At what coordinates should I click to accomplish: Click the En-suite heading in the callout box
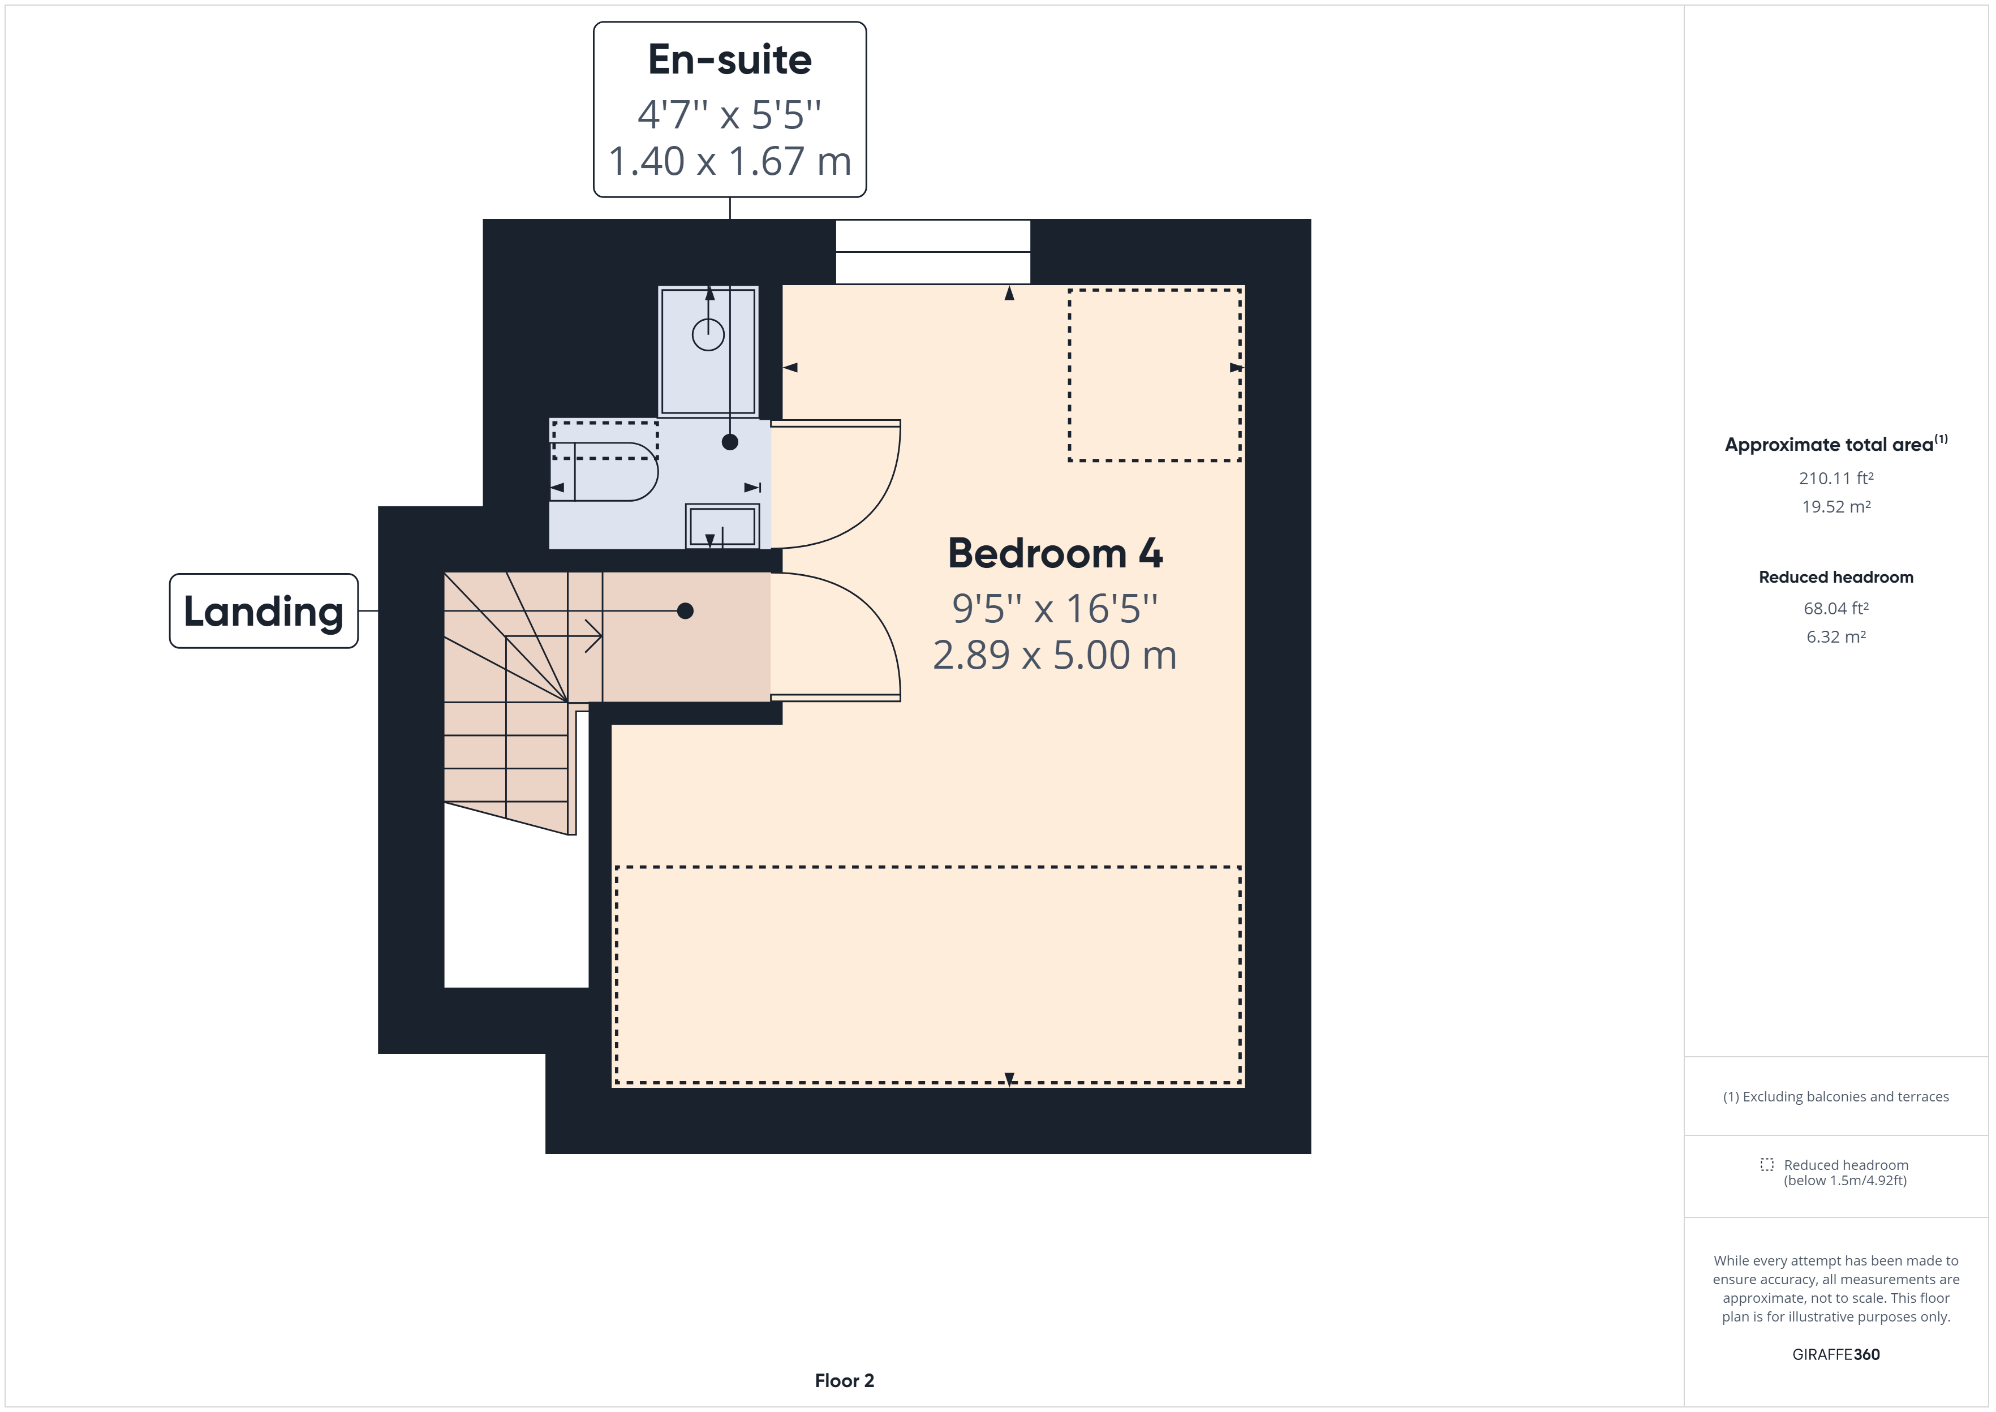point(729,60)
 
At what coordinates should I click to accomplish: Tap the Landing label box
point(264,611)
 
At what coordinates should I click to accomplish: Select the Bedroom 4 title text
point(1055,554)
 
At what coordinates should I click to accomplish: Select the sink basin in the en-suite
point(721,526)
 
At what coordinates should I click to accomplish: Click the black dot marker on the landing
point(685,611)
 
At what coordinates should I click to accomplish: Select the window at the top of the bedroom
point(933,252)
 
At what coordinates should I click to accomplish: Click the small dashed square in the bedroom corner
point(1155,374)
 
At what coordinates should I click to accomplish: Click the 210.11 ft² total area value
point(1835,478)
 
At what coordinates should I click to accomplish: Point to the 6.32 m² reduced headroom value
point(1835,636)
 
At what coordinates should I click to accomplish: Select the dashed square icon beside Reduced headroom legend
point(1766,1164)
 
